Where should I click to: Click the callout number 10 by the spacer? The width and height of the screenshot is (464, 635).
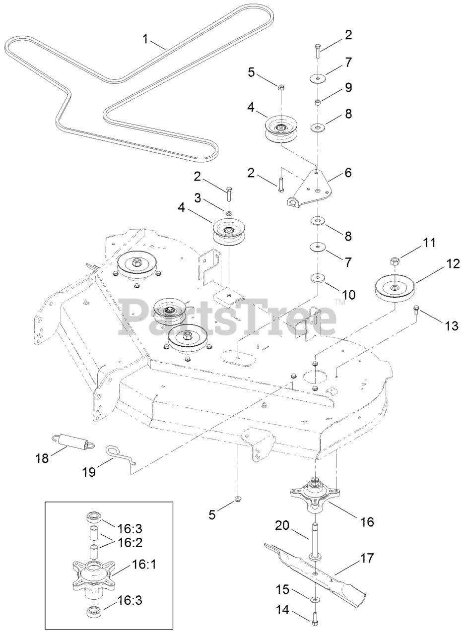coord(349,295)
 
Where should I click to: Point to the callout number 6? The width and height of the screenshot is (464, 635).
coord(347,173)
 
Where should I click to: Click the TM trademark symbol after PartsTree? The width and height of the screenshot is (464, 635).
coord(339,301)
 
